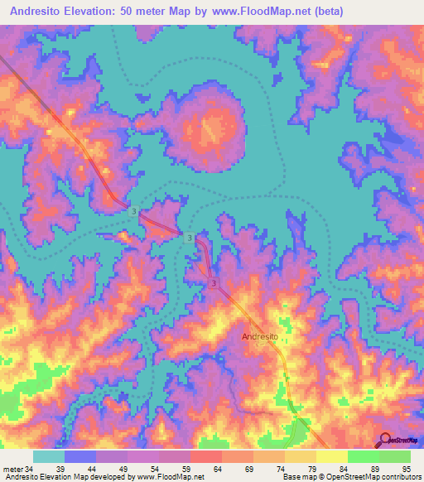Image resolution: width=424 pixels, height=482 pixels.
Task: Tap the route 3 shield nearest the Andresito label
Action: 214,284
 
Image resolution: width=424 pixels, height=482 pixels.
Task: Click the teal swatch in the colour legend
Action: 49,455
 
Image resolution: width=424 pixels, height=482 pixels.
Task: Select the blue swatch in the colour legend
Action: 80,455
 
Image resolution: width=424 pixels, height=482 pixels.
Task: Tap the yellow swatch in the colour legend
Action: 331,455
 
